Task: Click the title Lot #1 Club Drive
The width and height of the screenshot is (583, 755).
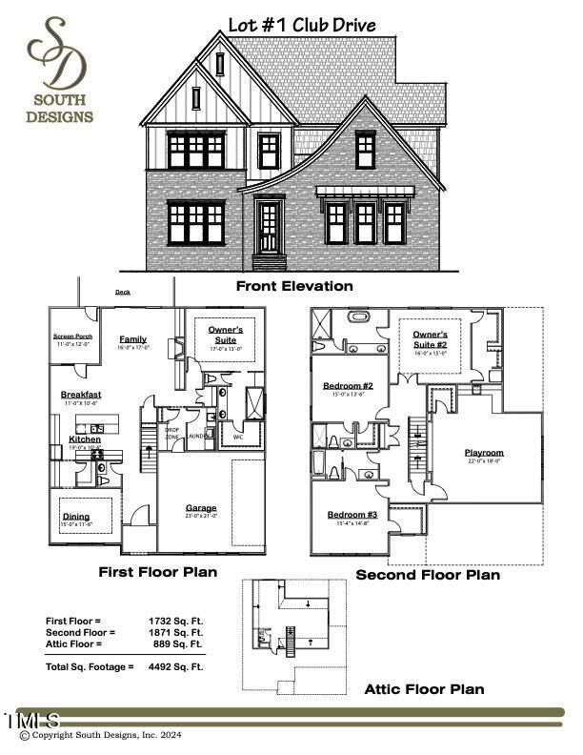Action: pos(302,25)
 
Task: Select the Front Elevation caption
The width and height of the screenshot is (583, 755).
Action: pos(294,286)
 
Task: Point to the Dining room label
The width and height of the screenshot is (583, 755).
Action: pos(76,517)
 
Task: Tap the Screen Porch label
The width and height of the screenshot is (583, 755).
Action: pos(71,337)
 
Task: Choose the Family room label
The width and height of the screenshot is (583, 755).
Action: pos(132,339)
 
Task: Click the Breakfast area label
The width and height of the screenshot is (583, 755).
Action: pos(81,395)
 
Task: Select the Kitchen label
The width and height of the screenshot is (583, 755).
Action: pos(84,439)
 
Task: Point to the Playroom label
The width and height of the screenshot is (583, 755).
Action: pos(484,453)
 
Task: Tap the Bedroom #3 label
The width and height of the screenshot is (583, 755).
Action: pos(352,515)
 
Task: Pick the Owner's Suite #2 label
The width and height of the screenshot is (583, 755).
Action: pos(436,339)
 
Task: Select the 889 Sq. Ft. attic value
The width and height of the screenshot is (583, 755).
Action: pos(183,644)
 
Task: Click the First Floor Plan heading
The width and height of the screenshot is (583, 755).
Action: pos(158,573)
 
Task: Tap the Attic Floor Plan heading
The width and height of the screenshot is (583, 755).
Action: pos(424,689)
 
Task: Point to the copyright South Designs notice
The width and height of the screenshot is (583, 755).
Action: pos(107,735)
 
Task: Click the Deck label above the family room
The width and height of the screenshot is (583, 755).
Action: pos(123,293)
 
